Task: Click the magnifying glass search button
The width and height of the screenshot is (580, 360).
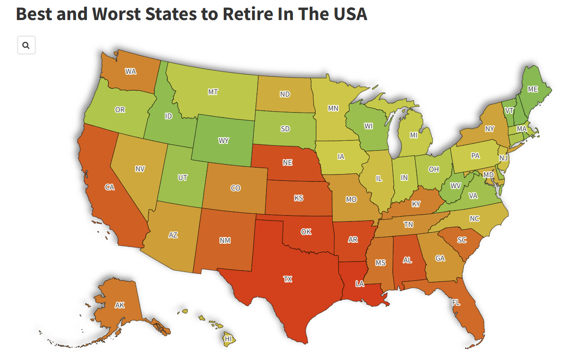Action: (x=26, y=46)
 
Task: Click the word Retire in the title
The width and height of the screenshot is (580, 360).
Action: (x=246, y=14)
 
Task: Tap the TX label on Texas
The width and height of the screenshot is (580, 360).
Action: (x=287, y=279)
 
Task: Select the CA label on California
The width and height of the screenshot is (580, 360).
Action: (x=109, y=187)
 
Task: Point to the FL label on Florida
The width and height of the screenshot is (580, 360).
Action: (x=456, y=303)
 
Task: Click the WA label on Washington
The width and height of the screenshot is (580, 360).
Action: (x=130, y=72)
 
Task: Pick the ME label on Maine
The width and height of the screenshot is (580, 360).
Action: (x=533, y=89)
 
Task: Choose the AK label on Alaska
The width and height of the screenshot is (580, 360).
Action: (x=119, y=305)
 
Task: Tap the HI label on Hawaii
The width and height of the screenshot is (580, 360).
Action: (x=228, y=339)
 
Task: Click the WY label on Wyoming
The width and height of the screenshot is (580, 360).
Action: (x=223, y=141)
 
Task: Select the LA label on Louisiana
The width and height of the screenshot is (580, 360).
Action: (x=360, y=284)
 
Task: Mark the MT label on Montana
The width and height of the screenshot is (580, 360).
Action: (x=213, y=92)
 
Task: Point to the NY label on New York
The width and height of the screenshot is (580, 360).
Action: (x=489, y=129)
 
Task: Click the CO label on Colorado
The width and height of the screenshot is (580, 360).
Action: (x=235, y=188)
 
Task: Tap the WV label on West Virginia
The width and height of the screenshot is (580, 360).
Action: (x=456, y=186)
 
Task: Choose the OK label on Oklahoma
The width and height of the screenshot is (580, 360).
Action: (x=306, y=232)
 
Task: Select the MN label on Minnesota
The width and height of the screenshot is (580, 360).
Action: (x=333, y=108)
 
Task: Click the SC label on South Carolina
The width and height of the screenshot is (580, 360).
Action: (x=462, y=240)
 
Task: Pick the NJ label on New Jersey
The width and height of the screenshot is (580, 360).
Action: (x=503, y=158)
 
